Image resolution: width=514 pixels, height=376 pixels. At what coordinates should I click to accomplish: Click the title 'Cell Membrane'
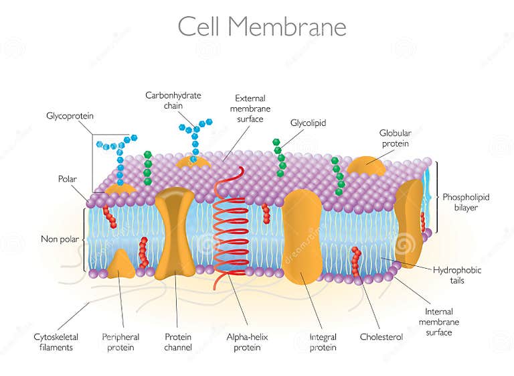coord(262,27)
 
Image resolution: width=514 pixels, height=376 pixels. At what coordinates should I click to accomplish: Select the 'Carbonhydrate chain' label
coord(173,101)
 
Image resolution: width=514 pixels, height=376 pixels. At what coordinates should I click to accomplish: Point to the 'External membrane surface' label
coord(250,108)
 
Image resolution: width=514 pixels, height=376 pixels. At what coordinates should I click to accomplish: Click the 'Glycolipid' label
coord(308,123)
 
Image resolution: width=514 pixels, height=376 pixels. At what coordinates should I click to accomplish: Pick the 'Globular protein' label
coord(395,138)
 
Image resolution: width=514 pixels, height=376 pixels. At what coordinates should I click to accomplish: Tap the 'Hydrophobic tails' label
coord(456,275)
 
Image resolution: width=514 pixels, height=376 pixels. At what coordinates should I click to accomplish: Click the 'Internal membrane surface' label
coord(439,322)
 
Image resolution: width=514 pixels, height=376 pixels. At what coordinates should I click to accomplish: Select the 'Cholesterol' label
coord(381,337)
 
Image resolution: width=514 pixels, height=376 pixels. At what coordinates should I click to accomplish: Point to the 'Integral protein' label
coord(323,342)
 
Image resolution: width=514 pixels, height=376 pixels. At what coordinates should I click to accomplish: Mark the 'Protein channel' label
coord(178,342)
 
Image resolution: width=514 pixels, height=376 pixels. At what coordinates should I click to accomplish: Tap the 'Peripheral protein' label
coord(120,342)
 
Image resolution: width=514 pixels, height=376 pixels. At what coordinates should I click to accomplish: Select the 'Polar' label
coord(68,179)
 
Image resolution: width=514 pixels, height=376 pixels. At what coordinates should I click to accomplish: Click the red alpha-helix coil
coord(230,228)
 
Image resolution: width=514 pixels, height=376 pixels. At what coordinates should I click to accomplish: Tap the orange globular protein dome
coord(365,166)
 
